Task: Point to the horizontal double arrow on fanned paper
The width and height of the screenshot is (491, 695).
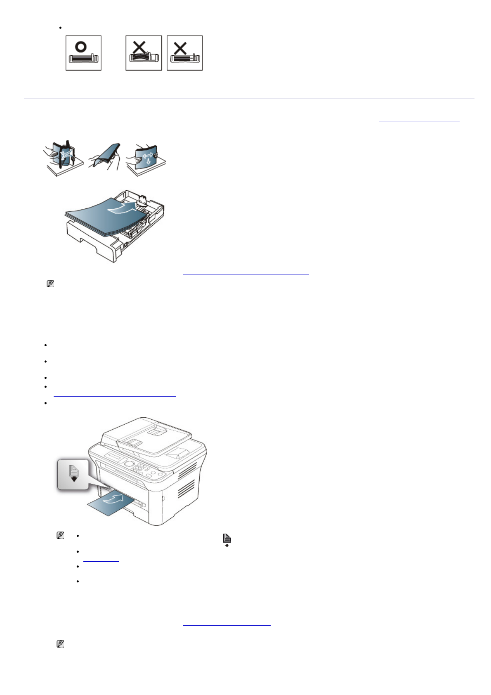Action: tap(147, 155)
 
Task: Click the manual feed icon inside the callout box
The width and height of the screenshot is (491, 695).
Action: tap(73, 473)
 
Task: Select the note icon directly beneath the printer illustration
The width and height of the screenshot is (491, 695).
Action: tap(60, 536)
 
